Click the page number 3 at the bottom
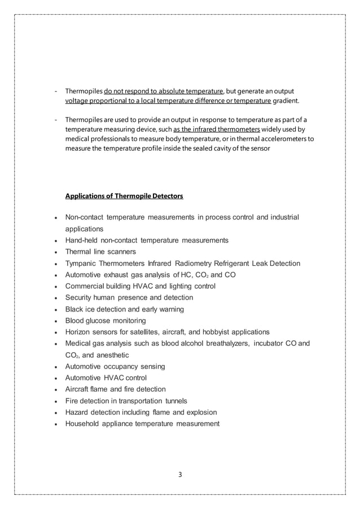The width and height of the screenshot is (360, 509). point(179,474)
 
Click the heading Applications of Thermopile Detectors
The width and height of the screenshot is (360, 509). point(124,196)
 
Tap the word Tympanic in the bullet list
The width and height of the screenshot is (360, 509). point(83,264)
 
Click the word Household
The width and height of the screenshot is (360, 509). point(85,424)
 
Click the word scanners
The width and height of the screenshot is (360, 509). point(121,252)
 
